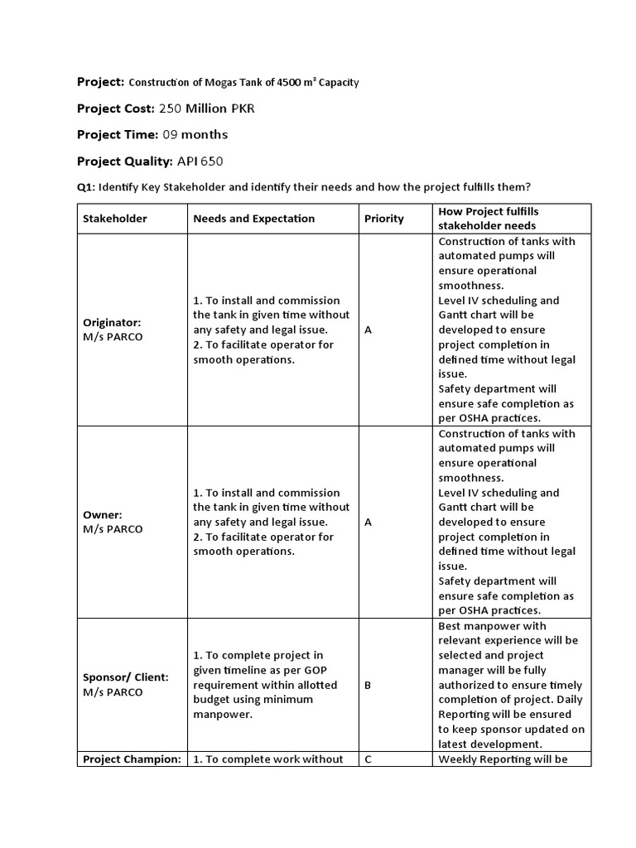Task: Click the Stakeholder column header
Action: coord(114,219)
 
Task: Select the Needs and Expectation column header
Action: coord(253,219)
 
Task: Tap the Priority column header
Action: coord(384,219)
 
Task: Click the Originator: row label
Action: coord(112,322)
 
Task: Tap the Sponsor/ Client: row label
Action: coord(125,677)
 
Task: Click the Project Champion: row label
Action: coord(131,759)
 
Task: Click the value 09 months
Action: coord(195,134)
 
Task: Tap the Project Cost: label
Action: coord(115,108)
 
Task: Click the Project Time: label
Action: coord(117,134)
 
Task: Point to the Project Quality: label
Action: coord(124,161)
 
